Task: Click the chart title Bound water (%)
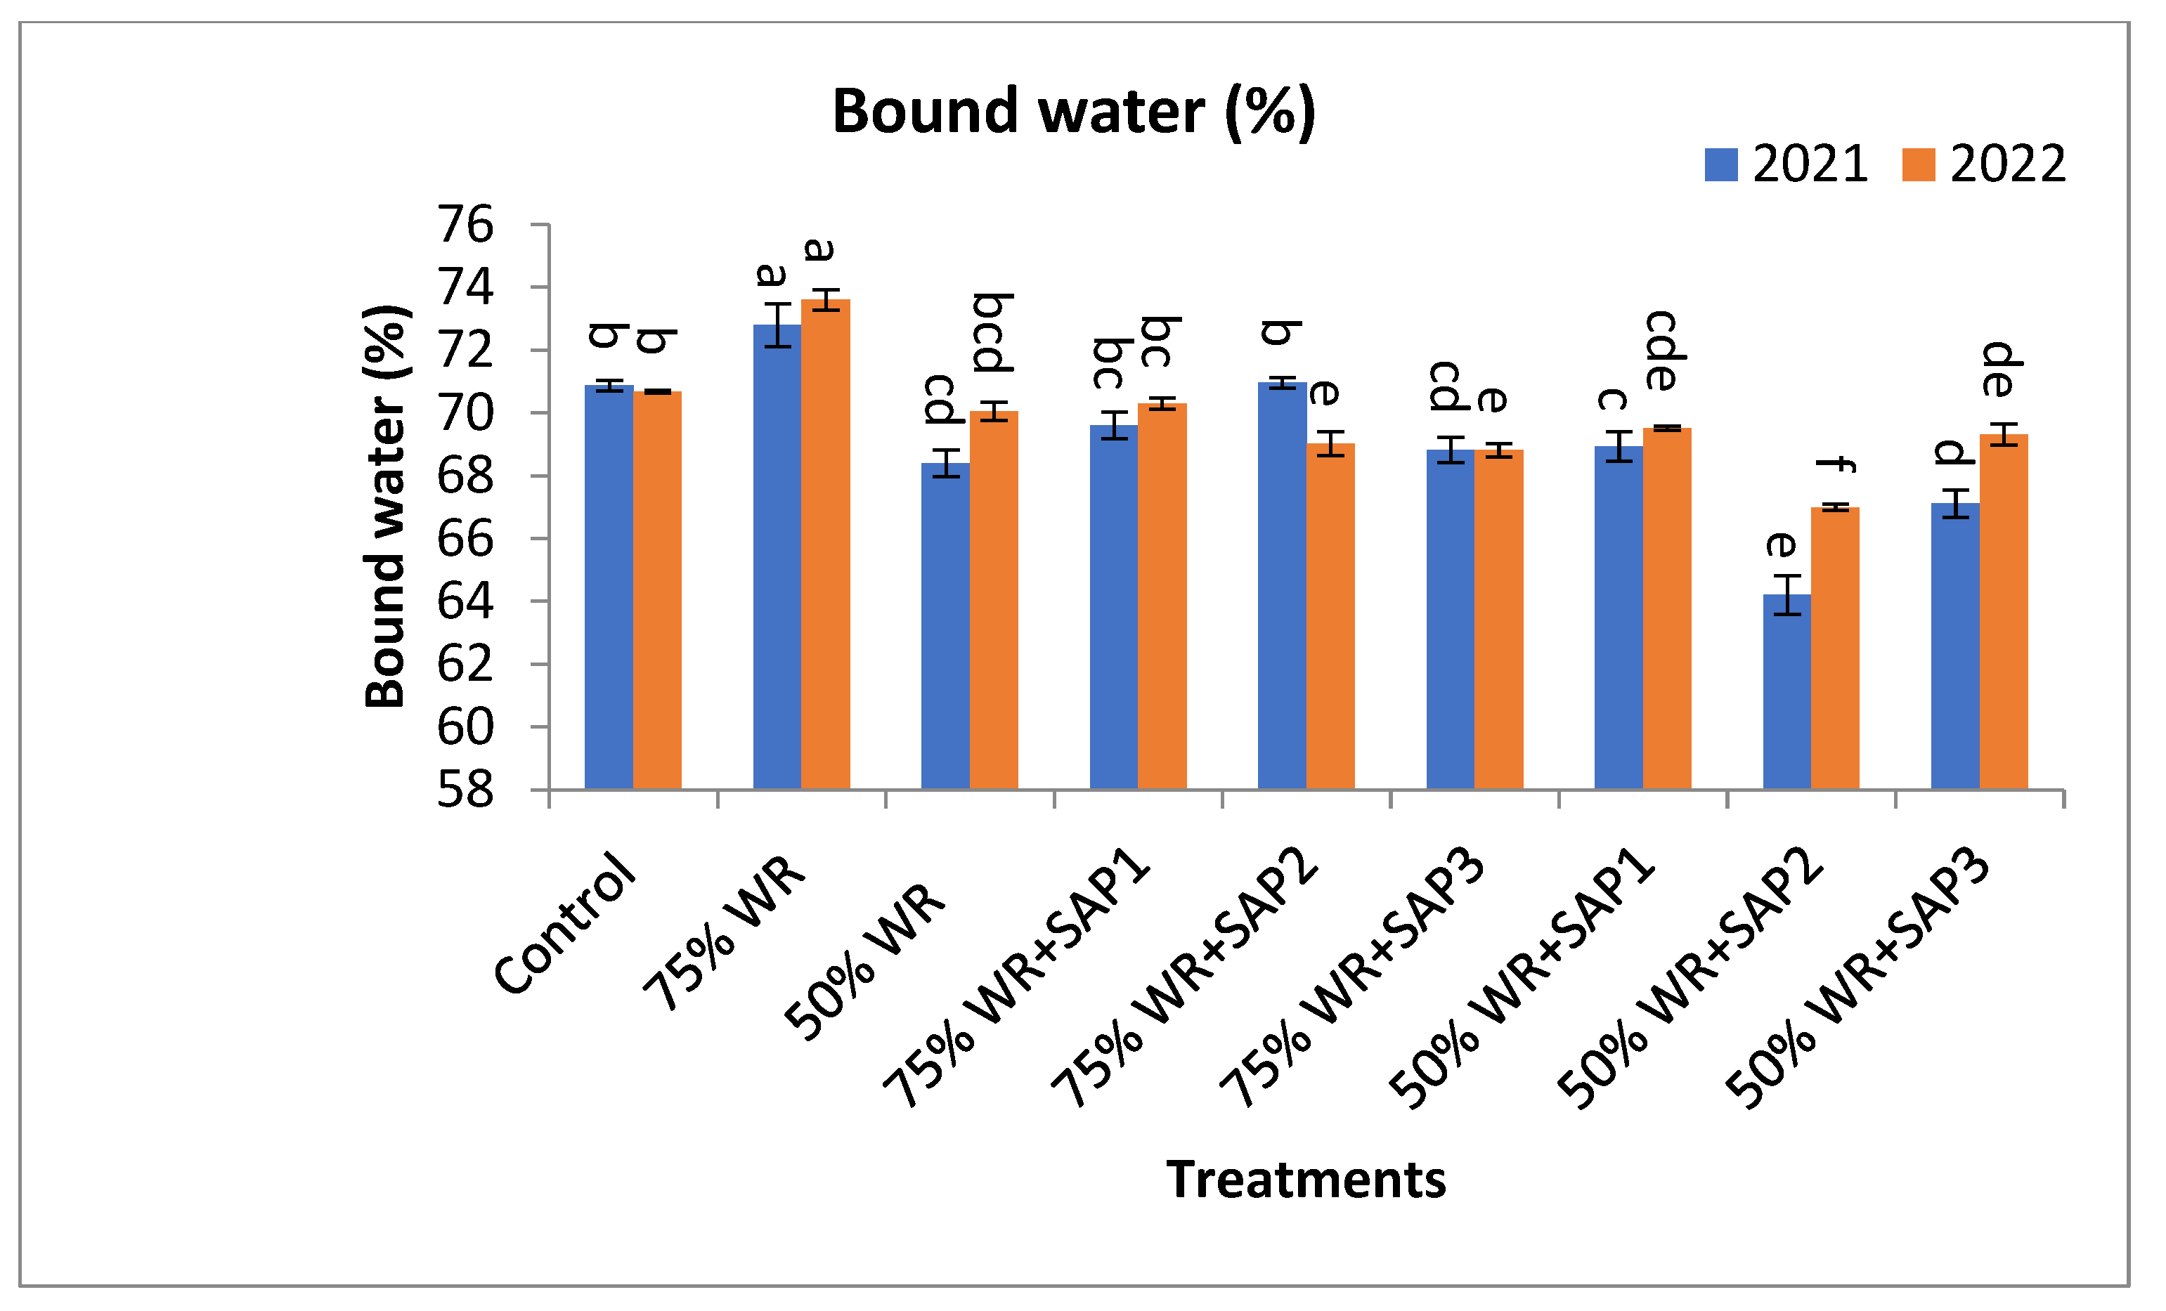tap(1073, 112)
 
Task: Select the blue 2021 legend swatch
tap(1720, 165)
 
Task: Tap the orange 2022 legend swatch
tap(1918, 165)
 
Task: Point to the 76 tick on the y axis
tap(465, 225)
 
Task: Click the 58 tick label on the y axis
tap(465, 790)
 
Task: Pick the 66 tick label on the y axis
tap(465, 539)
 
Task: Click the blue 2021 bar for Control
tap(609, 589)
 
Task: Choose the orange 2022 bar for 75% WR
tap(826, 544)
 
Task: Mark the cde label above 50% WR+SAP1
tap(1666, 351)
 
